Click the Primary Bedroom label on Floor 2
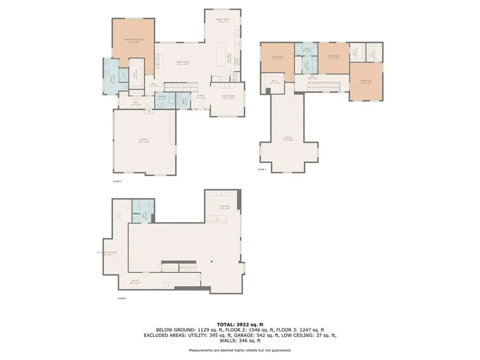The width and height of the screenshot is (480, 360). tap(134, 40)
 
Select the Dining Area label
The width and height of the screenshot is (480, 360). tap(222, 20)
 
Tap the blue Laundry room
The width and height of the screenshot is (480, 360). tap(162, 100)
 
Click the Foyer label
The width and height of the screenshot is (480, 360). tap(201, 97)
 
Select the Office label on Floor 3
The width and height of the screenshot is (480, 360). tap(288, 139)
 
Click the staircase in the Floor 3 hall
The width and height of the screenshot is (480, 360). tap(323, 87)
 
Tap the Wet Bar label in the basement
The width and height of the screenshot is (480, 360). tap(224, 206)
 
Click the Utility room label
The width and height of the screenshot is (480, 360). tap(135, 282)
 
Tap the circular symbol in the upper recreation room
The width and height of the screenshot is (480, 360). tap(119, 216)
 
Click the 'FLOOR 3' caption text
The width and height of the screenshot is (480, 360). tap(262, 170)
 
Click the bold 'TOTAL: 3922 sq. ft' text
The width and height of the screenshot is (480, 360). tap(240, 324)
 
